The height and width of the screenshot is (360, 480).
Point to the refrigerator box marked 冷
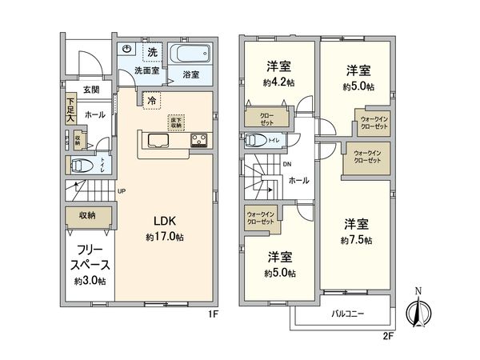pyautogui.click(x=150, y=101)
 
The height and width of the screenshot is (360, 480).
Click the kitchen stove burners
pyautogui.click(x=198, y=142)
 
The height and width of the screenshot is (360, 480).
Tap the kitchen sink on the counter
pyautogui.click(x=156, y=142)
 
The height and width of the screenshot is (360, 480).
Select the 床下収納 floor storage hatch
pyautogui.click(x=175, y=122)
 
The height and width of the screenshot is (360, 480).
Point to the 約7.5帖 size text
pyautogui.click(x=356, y=239)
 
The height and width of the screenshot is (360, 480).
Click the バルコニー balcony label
pyautogui.click(x=349, y=314)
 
